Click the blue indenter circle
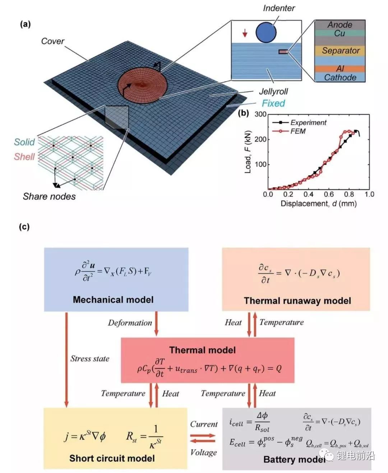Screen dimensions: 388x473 pyautogui.click(x=266, y=32)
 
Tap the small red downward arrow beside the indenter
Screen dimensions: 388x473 pyautogui.click(x=245, y=33)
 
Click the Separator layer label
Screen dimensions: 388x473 pyautogui.click(x=341, y=51)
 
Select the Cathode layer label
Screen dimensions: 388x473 pyautogui.click(x=340, y=77)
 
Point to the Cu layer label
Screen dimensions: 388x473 pyautogui.click(x=339, y=33)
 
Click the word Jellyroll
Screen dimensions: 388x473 pyautogui.click(x=273, y=91)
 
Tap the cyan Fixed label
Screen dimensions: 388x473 pyautogui.click(x=273, y=103)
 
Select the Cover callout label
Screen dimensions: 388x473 pyautogui.click(x=53, y=41)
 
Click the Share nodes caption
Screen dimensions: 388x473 pyautogui.click(x=49, y=196)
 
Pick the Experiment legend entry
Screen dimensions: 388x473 pyautogui.click(x=299, y=122)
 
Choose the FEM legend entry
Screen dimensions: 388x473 pyautogui.click(x=289, y=131)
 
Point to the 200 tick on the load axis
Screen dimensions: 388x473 pyautogui.click(x=260, y=139)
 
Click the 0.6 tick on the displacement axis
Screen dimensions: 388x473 pyautogui.click(x=329, y=194)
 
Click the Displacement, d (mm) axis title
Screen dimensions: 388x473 pyautogui.click(x=319, y=204)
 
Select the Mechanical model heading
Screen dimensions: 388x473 pyautogui.click(x=113, y=300)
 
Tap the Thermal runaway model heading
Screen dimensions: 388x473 pyautogui.click(x=297, y=301)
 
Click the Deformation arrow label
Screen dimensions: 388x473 pyautogui.click(x=130, y=323)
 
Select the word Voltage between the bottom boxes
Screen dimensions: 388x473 pyautogui.click(x=203, y=452)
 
